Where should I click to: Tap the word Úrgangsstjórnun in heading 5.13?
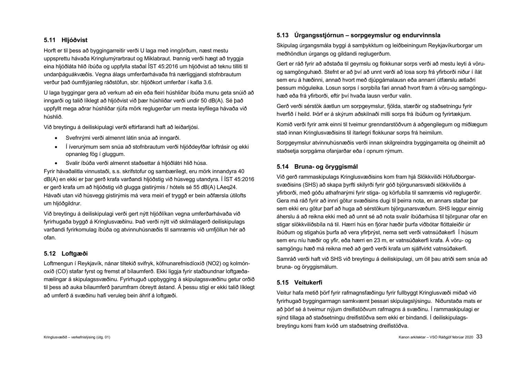(x=319, y=35)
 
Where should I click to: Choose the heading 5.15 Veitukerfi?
(x=300, y=283)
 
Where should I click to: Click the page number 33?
(x=479, y=337)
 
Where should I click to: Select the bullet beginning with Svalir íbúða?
(x=136, y=163)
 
